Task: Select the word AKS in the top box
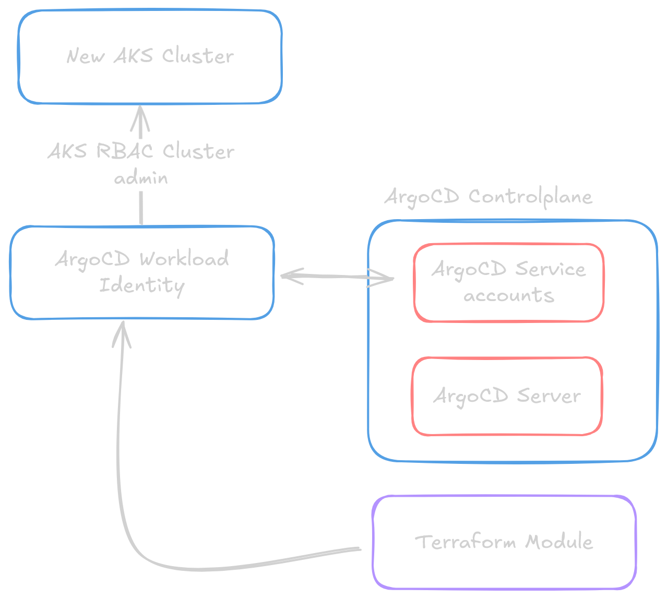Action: pyautogui.click(x=134, y=55)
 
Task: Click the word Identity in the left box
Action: pyautogui.click(x=141, y=286)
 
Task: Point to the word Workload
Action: pyautogui.click(x=184, y=259)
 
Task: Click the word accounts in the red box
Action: pyautogui.click(x=508, y=296)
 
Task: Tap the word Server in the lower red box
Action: pyautogui.click(x=549, y=396)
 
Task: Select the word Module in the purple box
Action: pyautogui.click(x=559, y=542)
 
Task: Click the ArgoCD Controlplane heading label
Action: pyautogui.click(x=489, y=197)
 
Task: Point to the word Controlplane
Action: pyautogui.click(x=530, y=197)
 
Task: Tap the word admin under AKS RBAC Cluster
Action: pyautogui.click(x=141, y=178)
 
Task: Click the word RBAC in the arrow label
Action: pyautogui.click(x=124, y=151)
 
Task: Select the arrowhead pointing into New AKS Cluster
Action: pyautogui.click(x=140, y=117)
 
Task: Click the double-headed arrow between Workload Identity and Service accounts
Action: pyautogui.click(x=337, y=276)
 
